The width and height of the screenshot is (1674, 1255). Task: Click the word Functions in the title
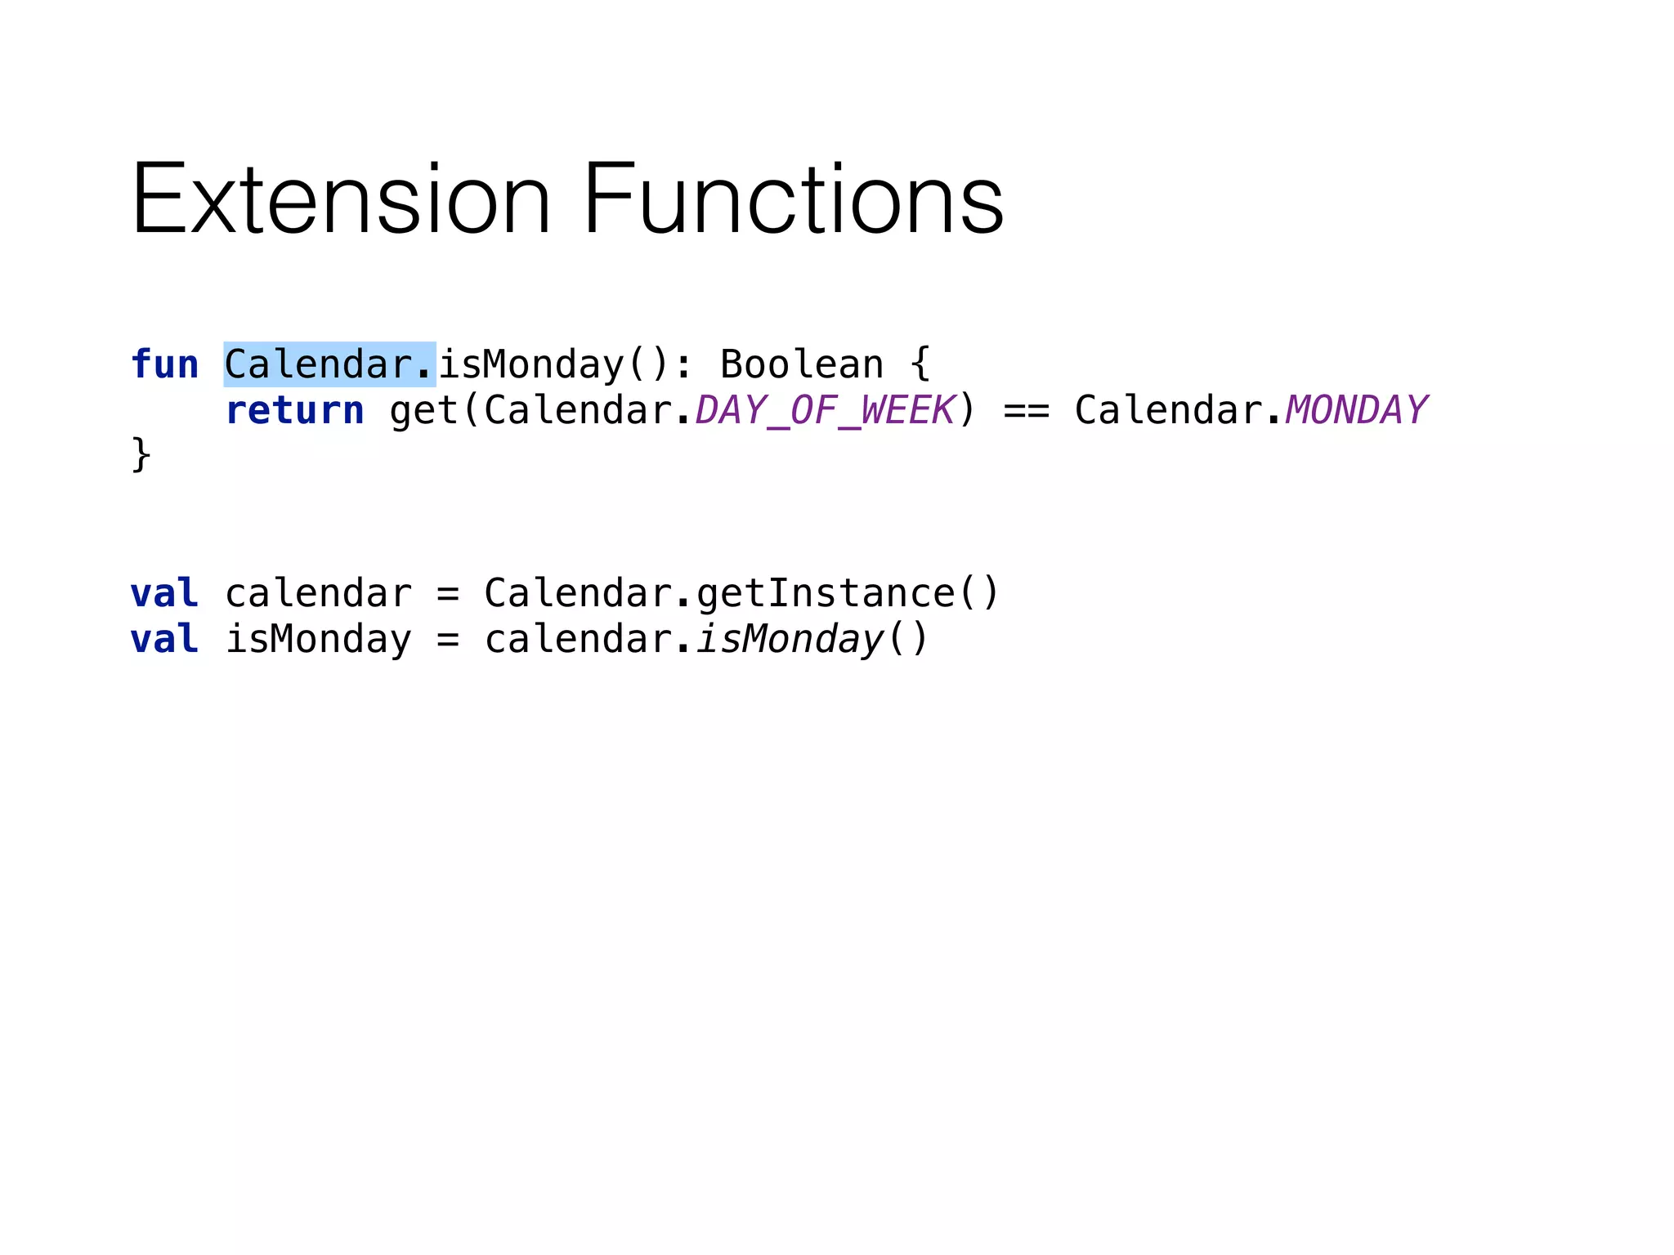point(793,199)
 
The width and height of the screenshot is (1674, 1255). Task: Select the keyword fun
point(164,364)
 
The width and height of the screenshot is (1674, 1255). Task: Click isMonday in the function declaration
point(531,364)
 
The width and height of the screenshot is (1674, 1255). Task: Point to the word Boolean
point(802,364)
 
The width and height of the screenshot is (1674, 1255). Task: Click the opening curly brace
point(920,364)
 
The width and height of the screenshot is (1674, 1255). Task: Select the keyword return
point(294,410)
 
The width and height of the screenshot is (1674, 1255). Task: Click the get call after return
point(423,410)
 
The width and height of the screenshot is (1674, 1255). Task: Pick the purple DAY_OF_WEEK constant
point(824,410)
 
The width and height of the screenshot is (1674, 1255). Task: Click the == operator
point(1026,410)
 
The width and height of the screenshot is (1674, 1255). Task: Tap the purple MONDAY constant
point(1355,410)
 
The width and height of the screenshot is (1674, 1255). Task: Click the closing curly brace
point(141,454)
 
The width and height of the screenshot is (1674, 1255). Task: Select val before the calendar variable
point(164,593)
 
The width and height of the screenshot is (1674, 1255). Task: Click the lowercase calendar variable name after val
point(318,593)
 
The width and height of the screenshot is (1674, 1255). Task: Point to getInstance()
point(847,593)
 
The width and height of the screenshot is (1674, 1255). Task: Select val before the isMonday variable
point(164,639)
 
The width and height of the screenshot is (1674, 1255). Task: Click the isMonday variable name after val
point(318,639)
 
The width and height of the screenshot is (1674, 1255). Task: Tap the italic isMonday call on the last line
point(790,639)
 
